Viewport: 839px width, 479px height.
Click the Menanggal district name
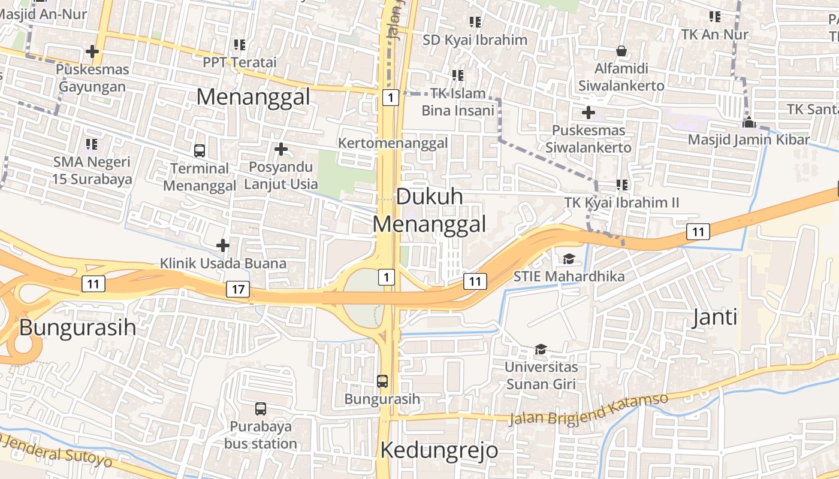point(253,96)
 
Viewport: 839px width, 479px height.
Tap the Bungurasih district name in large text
point(77,328)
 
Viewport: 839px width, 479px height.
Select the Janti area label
point(714,317)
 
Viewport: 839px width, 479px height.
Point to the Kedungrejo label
point(439,450)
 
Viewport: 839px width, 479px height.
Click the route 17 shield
point(238,289)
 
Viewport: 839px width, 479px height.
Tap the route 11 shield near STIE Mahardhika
point(475,281)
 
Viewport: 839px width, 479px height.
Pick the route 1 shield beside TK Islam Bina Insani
point(390,97)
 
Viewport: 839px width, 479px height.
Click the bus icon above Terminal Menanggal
point(200,151)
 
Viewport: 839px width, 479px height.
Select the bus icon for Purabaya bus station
point(261,409)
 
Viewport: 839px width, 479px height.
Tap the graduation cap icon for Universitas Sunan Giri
point(541,349)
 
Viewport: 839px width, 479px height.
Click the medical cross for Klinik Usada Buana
point(223,245)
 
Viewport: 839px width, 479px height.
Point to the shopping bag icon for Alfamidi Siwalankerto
point(621,51)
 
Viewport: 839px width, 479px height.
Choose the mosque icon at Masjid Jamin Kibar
point(749,122)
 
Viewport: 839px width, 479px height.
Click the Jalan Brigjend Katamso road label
point(588,409)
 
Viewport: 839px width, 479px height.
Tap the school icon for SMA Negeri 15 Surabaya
point(92,144)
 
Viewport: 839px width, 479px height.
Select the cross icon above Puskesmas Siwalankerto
point(588,112)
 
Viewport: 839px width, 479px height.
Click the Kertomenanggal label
point(393,143)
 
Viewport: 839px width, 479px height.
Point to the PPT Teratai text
point(240,62)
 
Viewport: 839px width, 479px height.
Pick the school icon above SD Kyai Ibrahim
point(475,22)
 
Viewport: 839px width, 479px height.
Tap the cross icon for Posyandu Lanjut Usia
point(280,148)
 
